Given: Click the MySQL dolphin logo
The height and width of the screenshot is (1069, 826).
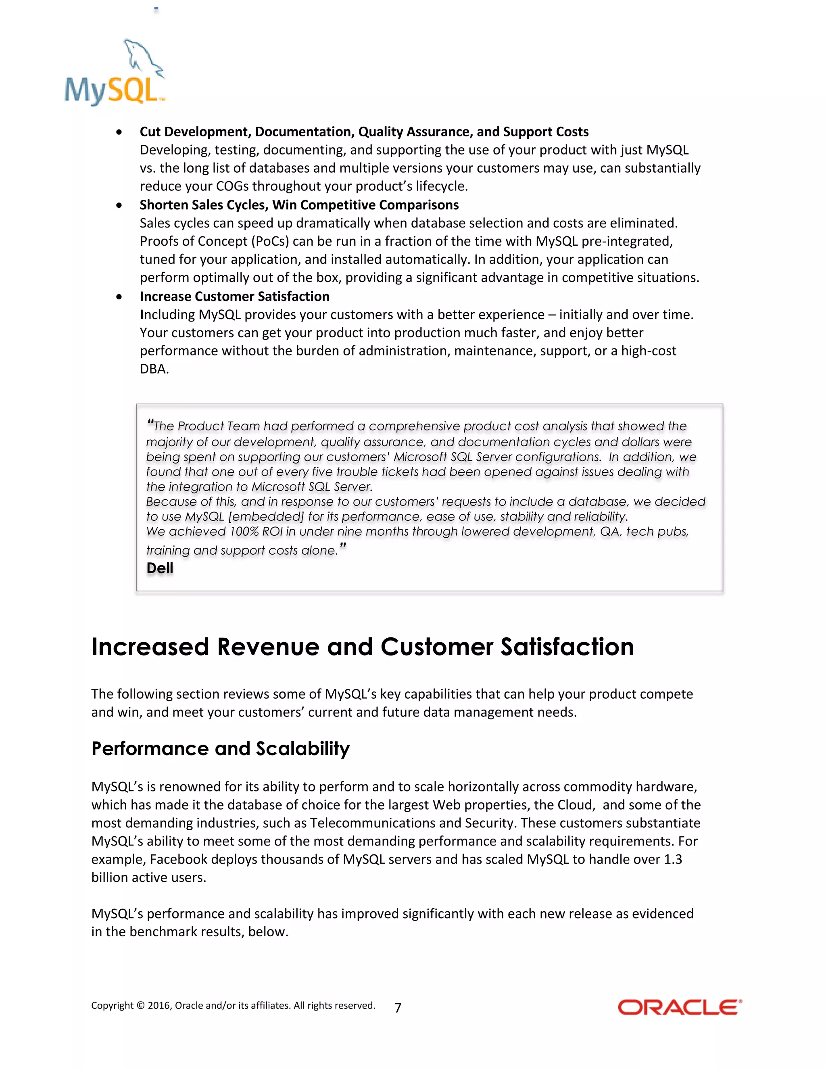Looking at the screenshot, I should click(x=115, y=73).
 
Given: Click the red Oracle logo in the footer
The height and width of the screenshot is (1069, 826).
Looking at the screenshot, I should click(x=680, y=1007).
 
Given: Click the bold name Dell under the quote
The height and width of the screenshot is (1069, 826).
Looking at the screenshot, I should click(x=160, y=568).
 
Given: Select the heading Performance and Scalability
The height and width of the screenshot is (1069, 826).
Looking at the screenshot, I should click(x=220, y=748).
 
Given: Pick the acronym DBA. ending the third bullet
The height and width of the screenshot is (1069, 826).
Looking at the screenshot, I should click(x=154, y=369).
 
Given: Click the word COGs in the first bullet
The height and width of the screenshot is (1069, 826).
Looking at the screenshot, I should click(x=232, y=186).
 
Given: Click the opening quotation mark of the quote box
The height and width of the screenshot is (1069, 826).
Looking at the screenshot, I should click(x=150, y=423).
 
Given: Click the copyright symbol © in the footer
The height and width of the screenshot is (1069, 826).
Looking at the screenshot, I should click(x=140, y=1005).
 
